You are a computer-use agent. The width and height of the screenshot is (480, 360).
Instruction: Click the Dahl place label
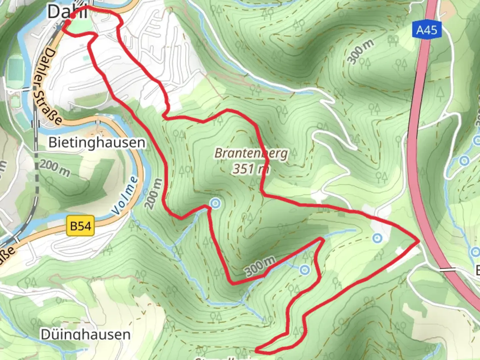click(x=67, y=12)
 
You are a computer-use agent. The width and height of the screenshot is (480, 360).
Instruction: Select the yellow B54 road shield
click(x=80, y=226)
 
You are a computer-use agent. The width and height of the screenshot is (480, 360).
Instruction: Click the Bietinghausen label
click(x=97, y=143)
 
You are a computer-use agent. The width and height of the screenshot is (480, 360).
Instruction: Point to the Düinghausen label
click(x=85, y=334)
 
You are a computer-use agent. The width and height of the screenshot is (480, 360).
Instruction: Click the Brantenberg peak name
click(x=251, y=153)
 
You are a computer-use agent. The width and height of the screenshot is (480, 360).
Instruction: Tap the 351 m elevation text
click(x=251, y=169)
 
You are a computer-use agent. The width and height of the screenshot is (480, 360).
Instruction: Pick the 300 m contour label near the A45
click(x=360, y=51)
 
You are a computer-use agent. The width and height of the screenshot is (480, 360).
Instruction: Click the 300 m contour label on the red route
click(x=260, y=266)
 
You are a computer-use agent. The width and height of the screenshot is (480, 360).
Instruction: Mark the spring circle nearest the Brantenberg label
click(x=215, y=203)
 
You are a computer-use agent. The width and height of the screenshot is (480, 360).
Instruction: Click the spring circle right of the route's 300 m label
click(x=304, y=270)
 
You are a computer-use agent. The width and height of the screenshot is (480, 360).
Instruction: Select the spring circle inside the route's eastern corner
click(x=377, y=238)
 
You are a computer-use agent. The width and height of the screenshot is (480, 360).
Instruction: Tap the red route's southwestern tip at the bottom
click(x=257, y=350)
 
